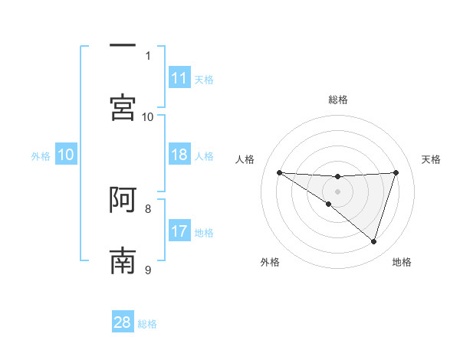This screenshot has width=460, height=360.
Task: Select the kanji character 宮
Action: [123, 107]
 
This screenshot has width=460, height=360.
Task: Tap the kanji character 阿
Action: [123, 201]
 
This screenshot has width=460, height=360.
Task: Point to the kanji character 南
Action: [123, 261]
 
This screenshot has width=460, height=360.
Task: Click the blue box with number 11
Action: [179, 78]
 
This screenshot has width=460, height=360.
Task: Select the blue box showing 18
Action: [179, 155]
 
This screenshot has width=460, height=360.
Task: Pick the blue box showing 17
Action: [179, 231]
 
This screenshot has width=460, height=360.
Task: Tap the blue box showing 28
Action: [123, 322]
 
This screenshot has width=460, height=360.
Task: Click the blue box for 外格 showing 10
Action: [66, 155]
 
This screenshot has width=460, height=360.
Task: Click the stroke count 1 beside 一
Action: [148, 55]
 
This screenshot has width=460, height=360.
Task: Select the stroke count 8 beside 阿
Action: [148, 208]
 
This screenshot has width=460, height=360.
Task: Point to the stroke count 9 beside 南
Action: [148, 269]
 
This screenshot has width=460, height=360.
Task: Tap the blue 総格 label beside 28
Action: [147, 324]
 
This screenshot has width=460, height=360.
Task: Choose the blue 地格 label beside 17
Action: [204, 233]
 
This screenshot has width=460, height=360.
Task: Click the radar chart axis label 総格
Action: [338, 100]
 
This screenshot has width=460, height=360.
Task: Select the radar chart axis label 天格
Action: [432, 159]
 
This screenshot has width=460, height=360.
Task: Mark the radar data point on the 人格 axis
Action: [279, 172]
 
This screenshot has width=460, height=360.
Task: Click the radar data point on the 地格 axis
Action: [374, 241]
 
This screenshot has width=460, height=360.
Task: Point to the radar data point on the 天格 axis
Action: [396, 172]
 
